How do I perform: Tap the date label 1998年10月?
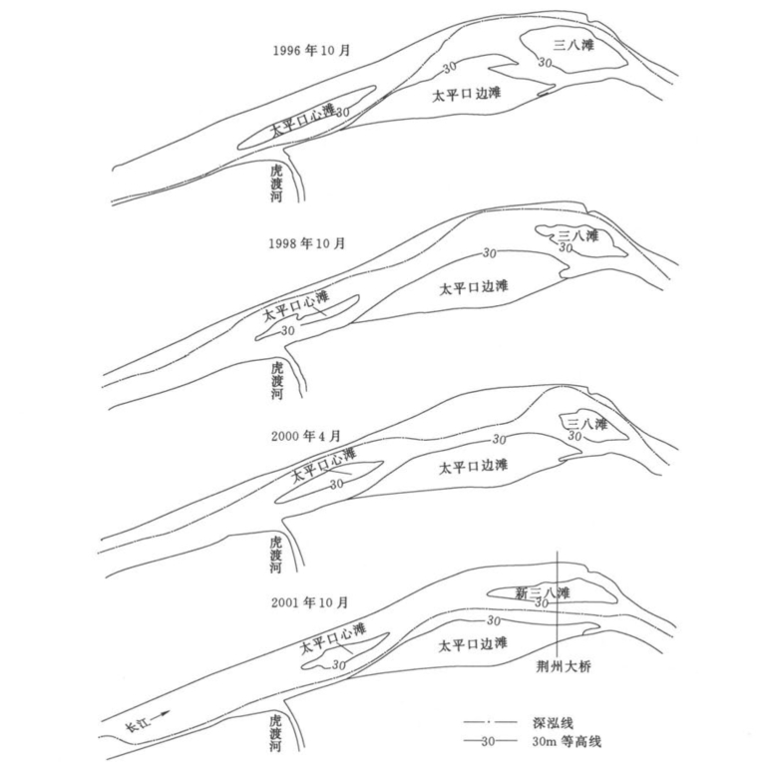308,242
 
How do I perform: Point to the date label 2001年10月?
308,602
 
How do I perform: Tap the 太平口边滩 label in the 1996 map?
467,95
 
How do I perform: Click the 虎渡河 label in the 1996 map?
277,184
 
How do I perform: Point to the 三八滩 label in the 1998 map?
578,236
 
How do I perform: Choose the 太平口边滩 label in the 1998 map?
475,287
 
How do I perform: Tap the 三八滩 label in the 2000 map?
585,425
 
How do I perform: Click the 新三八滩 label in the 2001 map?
542,593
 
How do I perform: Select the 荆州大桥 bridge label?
564,667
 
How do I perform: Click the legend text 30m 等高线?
577,742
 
